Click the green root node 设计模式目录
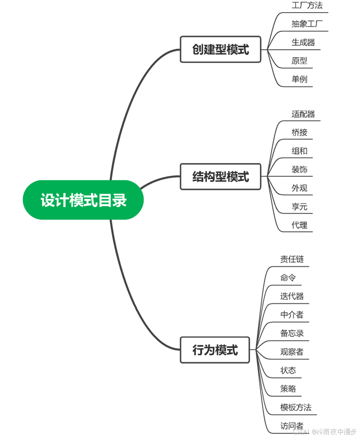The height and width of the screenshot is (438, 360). point(83,200)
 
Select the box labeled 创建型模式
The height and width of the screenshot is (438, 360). point(220,49)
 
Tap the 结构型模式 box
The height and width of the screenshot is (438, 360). point(220,177)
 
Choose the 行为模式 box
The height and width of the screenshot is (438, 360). point(215,350)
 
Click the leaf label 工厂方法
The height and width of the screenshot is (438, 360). point(307,6)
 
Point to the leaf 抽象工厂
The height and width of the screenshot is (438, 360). point(307,24)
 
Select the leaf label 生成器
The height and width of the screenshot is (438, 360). point(303,43)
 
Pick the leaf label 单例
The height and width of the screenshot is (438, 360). point(299,79)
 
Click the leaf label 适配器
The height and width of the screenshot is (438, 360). point(303,114)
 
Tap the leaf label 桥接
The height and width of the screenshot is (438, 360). point(299,132)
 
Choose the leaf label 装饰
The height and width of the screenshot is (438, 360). point(299,169)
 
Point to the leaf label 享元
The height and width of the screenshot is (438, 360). point(299,207)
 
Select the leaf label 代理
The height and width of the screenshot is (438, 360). point(299,225)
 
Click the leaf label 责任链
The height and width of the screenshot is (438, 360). point(292,259)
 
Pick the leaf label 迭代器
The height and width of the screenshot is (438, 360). point(292,296)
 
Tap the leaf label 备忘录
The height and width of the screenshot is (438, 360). point(292,333)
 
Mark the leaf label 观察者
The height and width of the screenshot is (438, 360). point(292,352)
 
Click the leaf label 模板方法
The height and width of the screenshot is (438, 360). point(295,407)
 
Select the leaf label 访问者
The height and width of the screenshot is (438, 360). point(292,426)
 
